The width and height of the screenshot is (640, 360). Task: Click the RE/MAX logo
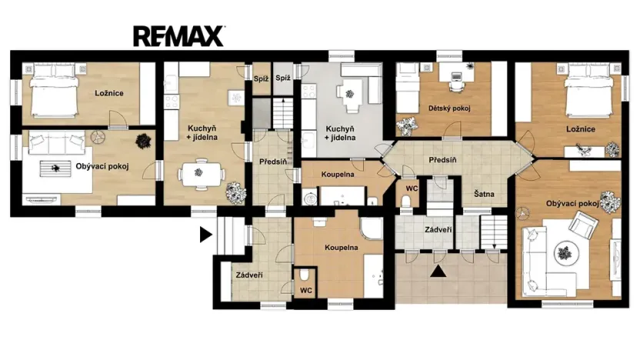[x=178, y=35]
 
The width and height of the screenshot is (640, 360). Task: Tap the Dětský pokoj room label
[x=448, y=108]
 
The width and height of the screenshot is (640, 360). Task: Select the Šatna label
[x=484, y=194]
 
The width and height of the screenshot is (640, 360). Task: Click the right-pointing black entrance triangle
[x=205, y=235]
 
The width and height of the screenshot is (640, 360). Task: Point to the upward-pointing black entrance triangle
[x=438, y=270]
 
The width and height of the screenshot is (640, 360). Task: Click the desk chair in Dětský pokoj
[x=455, y=77]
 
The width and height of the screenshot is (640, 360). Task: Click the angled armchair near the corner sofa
[x=581, y=225]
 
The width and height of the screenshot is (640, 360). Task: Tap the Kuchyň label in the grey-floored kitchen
[x=340, y=132]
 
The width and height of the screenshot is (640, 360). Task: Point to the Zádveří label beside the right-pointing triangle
[x=248, y=275]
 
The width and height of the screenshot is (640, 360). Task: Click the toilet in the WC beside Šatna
[x=406, y=202]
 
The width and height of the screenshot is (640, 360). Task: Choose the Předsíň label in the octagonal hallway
[x=444, y=159]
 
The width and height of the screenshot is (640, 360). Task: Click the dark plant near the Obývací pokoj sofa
[x=142, y=141]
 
